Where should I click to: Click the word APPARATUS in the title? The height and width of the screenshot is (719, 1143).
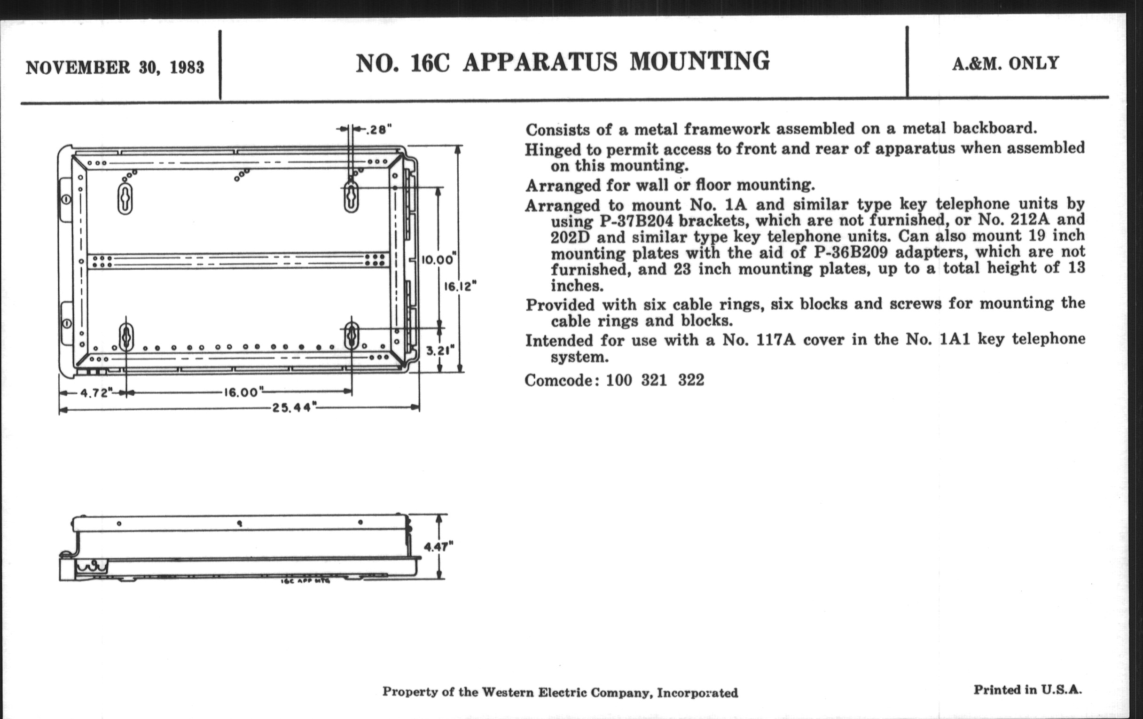540,63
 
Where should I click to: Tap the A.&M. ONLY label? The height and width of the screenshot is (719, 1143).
1005,63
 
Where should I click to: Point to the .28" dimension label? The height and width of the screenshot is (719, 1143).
378,129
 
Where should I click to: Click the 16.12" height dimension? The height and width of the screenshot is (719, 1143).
460,286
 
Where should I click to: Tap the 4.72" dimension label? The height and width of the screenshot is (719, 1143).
96,393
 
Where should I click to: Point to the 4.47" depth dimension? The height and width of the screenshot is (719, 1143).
438,547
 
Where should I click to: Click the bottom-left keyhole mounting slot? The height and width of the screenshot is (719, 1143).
126,336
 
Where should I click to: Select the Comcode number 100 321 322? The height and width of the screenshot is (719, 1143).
655,380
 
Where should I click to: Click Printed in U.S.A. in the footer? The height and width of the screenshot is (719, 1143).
1028,690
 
